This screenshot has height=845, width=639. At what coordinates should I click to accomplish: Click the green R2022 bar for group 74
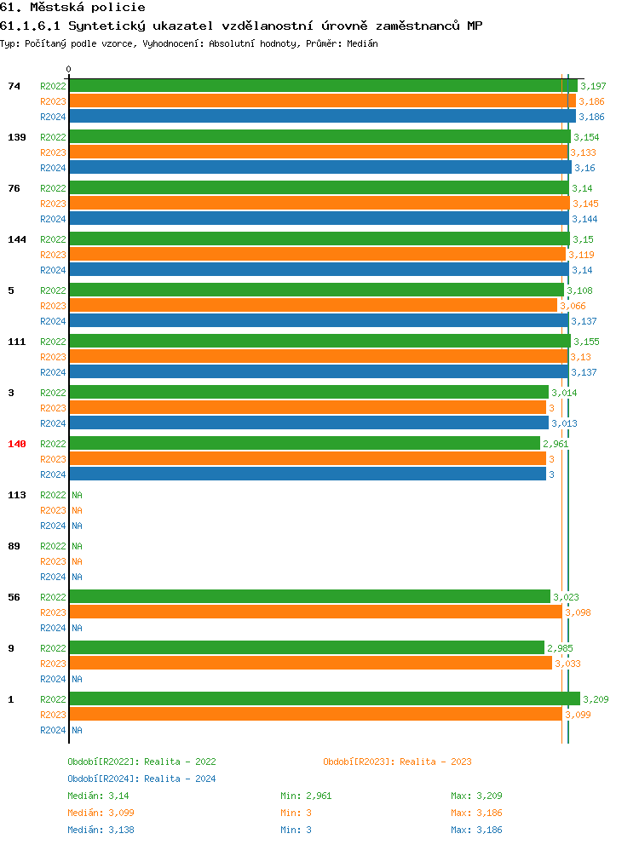(323, 86)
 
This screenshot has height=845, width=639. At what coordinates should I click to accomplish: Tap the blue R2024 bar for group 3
(308, 423)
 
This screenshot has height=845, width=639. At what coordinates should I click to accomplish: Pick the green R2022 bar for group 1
(324, 699)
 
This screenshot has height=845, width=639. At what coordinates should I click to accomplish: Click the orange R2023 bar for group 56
(315, 612)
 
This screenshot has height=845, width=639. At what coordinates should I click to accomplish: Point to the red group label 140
(17, 444)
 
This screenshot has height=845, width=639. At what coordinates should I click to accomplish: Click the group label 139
(17, 137)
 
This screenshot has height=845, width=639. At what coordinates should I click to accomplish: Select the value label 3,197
(593, 86)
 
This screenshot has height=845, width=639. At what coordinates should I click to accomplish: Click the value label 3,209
(596, 699)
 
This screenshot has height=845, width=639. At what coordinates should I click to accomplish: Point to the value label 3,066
(573, 306)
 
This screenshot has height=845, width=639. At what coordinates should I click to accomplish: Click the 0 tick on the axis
(69, 69)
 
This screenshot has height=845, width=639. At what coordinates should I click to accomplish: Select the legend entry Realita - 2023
(397, 762)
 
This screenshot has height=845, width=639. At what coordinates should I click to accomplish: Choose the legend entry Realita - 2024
(141, 779)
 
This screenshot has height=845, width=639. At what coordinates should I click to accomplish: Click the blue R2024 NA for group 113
(77, 526)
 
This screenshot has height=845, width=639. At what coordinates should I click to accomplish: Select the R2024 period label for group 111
(53, 372)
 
